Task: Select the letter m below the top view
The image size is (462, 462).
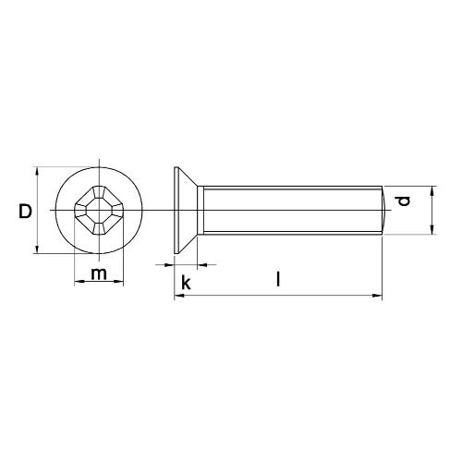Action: tap(98, 274)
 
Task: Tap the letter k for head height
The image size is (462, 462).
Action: tap(186, 282)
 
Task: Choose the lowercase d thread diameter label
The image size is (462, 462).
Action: tap(400, 201)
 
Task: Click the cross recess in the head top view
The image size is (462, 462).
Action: tap(97, 211)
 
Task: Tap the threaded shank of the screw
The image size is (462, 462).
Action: tap(286, 211)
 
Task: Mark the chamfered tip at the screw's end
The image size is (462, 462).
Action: tap(380, 211)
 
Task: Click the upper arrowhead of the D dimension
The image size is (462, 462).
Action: tap(37, 172)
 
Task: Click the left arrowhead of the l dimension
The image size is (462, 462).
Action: tap(177, 297)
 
